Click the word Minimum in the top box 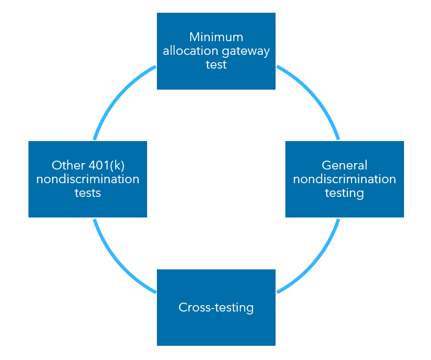pos(216,37)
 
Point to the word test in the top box pos(216,65)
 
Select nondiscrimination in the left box pos(88,179)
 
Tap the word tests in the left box pos(88,193)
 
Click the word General pos(345,166)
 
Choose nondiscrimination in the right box pos(345,179)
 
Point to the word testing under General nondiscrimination pos(345,193)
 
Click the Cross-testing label pos(216,308)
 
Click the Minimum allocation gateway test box pos(216,80)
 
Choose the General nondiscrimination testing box pos(345,208)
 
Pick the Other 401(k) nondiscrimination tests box pos(88,208)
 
